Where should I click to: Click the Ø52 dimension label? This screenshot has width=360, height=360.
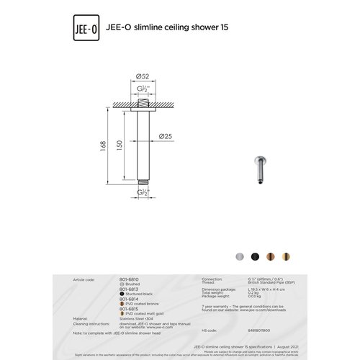click(x=143, y=76)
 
